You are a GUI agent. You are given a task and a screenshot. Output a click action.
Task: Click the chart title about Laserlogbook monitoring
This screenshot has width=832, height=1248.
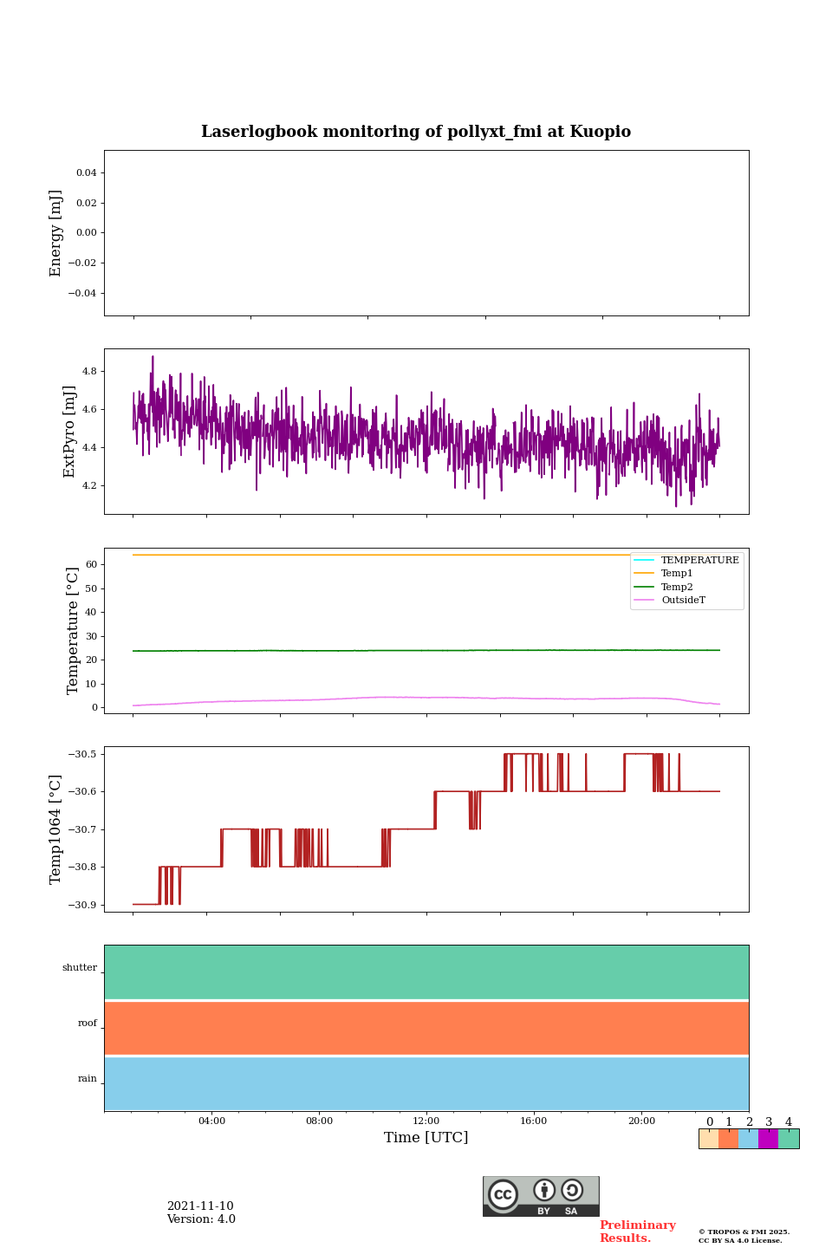coord(416,132)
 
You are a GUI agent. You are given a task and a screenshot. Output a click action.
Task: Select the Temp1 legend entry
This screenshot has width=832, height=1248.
coord(677,574)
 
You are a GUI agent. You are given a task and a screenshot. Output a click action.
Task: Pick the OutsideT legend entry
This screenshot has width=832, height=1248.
coord(683,601)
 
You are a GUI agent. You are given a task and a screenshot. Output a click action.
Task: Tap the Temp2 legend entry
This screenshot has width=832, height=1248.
coord(677,588)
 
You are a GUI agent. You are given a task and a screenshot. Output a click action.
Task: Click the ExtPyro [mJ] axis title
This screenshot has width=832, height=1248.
coord(70,432)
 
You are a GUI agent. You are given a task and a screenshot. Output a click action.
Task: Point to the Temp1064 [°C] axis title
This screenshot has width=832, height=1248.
coord(56,829)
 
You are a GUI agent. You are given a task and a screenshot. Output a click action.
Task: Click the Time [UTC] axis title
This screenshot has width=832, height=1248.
coord(426,1138)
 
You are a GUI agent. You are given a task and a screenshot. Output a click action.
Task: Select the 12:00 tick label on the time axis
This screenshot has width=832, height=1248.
coord(426,1121)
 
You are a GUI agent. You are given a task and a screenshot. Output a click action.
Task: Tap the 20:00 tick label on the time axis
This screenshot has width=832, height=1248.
coord(641,1121)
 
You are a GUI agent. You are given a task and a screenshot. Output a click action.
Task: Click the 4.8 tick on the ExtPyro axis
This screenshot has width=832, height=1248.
coord(89,371)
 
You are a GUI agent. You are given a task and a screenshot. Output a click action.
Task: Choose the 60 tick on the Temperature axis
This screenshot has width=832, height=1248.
coord(91,564)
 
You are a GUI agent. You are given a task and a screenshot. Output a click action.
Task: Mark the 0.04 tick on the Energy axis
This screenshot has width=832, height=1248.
coord(86,172)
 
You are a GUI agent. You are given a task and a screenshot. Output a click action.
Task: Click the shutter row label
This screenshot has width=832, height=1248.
coord(80,968)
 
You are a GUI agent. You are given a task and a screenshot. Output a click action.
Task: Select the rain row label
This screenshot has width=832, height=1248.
coord(88,1079)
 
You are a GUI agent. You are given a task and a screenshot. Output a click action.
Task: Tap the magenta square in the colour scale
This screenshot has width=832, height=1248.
coord(768,1139)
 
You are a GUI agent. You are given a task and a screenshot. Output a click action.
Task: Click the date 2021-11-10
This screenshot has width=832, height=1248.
coord(200,1206)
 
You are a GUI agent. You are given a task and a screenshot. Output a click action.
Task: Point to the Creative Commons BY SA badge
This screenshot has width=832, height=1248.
coord(541,1196)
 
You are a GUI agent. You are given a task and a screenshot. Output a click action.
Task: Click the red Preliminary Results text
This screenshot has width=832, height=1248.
coord(637,1232)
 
